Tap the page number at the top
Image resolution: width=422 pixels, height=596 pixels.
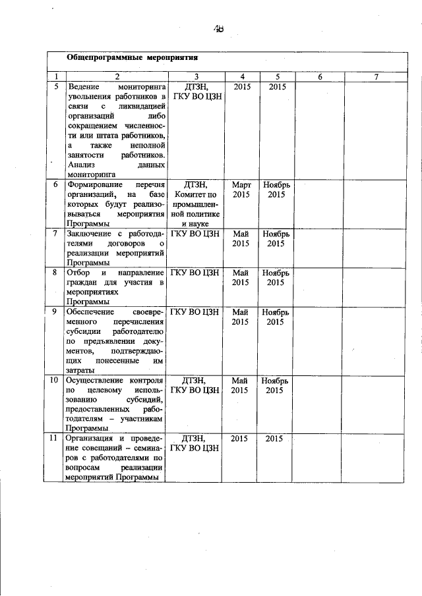(x=219, y=28)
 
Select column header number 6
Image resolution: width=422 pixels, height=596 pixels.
(x=319, y=77)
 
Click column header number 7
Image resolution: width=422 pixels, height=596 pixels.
(x=376, y=77)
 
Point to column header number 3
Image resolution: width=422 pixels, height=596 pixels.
(x=196, y=77)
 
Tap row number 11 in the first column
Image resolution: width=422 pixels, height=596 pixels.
(x=56, y=438)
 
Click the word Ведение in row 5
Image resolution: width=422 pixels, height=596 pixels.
(x=82, y=87)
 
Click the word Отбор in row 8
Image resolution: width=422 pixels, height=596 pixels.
(x=77, y=272)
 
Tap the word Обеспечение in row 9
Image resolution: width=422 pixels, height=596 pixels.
(x=91, y=311)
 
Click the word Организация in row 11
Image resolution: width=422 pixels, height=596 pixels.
(x=90, y=438)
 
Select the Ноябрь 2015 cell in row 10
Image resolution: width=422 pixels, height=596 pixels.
(x=276, y=385)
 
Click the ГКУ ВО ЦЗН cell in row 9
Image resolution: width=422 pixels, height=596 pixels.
(x=196, y=311)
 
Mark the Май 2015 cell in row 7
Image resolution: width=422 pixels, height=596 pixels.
(x=241, y=238)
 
